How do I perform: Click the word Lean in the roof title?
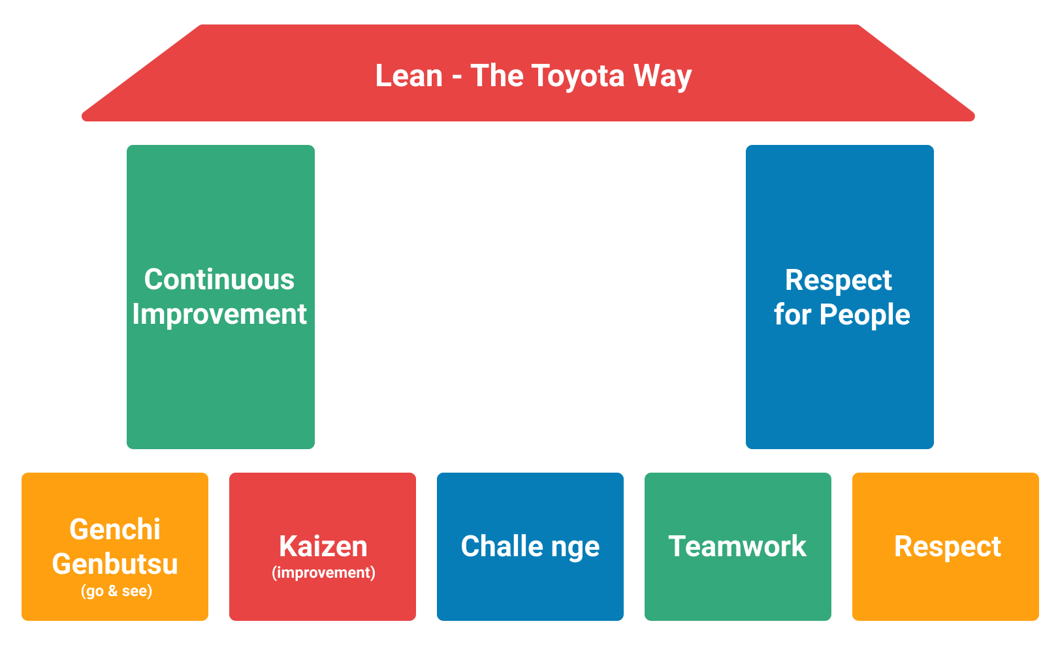tap(409, 76)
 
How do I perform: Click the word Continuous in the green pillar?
tap(219, 279)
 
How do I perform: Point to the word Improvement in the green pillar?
tap(219, 314)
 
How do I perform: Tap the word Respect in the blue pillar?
tap(839, 280)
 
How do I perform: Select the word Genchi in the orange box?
tap(115, 529)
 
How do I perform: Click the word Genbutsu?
tap(115, 563)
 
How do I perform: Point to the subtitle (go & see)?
tap(116, 591)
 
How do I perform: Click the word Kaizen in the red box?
tap(323, 546)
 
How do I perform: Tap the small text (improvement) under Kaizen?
tap(323, 573)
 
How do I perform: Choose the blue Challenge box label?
tap(530, 546)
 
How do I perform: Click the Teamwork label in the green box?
tap(737, 546)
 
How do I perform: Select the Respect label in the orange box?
tap(947, 546)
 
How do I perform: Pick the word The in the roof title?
tap(498, 76)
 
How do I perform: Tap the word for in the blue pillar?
tap(792, 315)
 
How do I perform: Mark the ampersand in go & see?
tap(113, 591)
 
